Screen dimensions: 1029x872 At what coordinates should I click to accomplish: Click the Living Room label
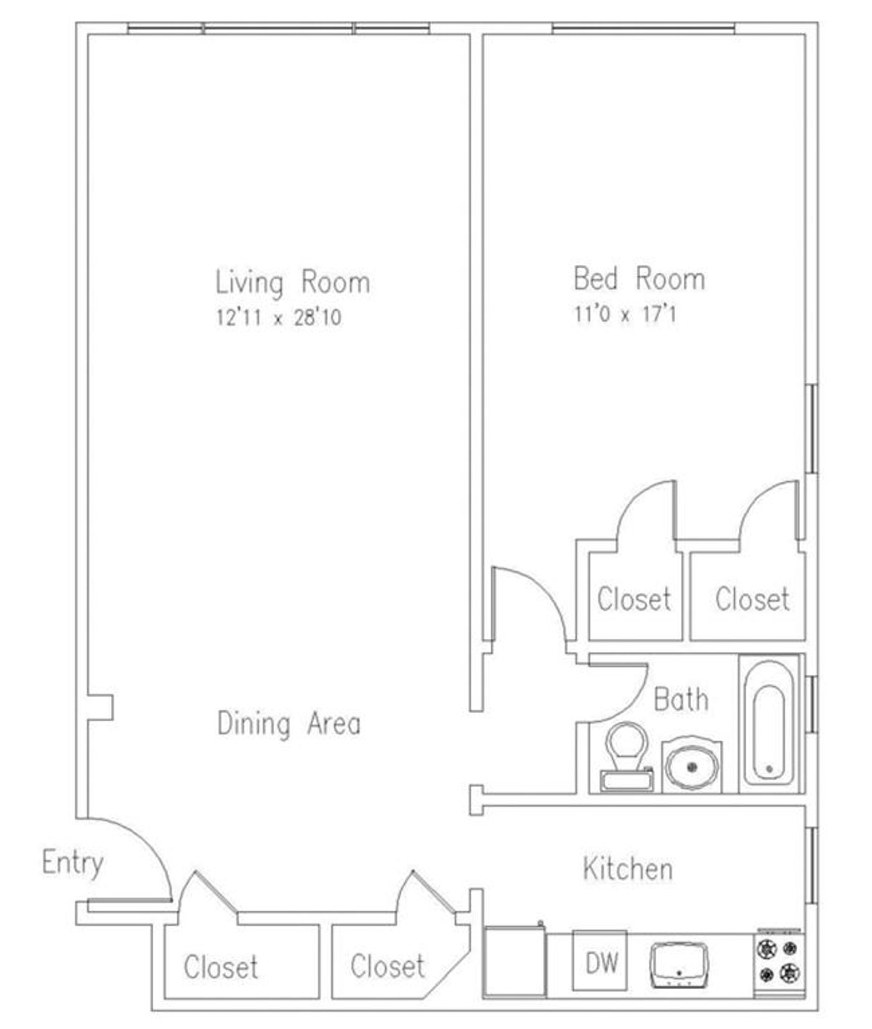pyautogui.click(x=292, y=282)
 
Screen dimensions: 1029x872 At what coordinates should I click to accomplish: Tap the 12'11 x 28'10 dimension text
pyautogui.click(x=278, y=318)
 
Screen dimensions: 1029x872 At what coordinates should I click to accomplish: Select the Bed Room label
pyautogui.click(x=639, y=279)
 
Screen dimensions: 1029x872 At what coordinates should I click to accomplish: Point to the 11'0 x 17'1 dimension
pyautogui.click(x=625, y=315)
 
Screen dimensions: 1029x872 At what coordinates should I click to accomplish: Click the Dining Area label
pyautogui.click(x=288, y=724)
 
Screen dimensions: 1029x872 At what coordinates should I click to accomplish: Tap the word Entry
pyautogui.click(x=73, y=863)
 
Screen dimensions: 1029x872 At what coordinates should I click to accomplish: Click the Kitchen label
pyautogui.click(x=628, y=869)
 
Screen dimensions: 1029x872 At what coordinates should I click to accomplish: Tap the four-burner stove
pyautogui.click(x=778, y=960)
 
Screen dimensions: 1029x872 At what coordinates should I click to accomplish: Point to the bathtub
pyautogui.click(x=769, y=723)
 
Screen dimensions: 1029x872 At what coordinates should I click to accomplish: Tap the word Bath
pyautogui.click(x=681, y=699)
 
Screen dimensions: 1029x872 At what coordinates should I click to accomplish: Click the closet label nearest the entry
pyautogui.click(x=220, y=967)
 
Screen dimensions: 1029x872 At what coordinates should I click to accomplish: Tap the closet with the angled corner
pyautogui.click(x=387, y=965)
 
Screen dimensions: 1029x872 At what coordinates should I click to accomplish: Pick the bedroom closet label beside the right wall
pyautogui.click(x=751, y=599)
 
